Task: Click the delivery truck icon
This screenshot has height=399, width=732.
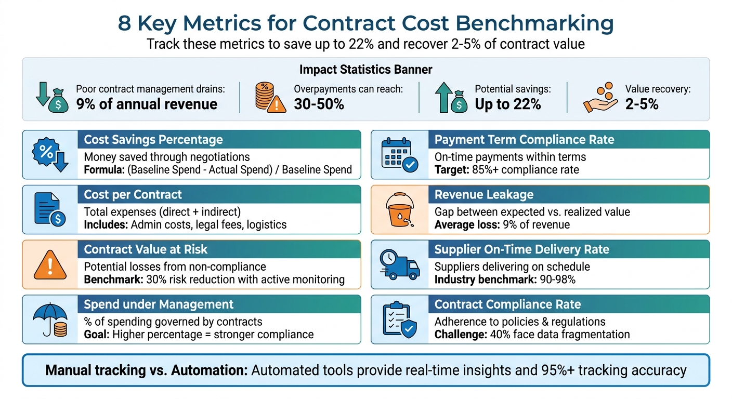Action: (399, 264)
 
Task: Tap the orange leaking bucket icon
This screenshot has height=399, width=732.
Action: (399, 210)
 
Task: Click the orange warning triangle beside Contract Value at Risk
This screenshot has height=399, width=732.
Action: (50, 265)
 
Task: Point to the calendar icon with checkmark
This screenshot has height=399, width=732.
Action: (399, 155)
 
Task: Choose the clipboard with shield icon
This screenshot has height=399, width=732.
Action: (399, 320)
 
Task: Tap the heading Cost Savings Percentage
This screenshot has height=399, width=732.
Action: (153, 140)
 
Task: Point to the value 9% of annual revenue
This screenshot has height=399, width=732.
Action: (147, 104)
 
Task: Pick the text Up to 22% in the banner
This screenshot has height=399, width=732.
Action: (507, 104)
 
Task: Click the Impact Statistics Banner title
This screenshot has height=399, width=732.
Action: (365, 69)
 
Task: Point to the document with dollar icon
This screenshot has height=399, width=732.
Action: (50, 210)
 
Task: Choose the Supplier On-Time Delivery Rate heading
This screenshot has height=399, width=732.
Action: (521, 249)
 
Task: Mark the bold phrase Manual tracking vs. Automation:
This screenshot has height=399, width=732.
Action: (146, 370)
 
